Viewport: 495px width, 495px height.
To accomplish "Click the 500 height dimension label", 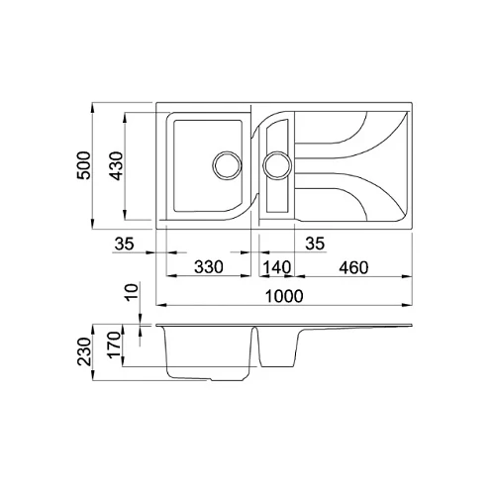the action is pos(83,165).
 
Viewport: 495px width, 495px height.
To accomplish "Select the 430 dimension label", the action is pos(116,166).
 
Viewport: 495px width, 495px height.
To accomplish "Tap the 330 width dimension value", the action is pos(209,266).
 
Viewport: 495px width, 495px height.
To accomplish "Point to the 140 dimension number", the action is pos(277,267).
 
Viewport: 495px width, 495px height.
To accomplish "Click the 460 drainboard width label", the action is pos(353,267).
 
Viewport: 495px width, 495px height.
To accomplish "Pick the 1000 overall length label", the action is pos(284,296).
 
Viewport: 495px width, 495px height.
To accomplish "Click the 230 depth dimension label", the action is pos(83,351).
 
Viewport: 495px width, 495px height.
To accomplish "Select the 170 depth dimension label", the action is pos(114,345).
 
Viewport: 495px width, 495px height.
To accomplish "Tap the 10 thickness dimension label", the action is pos(132,291).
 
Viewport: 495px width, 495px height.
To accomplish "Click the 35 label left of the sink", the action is pos(125,244).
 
